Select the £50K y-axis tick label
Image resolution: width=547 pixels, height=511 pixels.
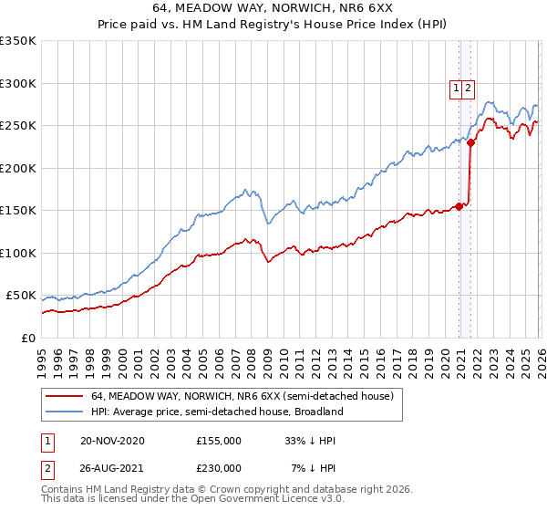21,296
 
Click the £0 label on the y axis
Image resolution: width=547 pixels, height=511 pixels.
28,338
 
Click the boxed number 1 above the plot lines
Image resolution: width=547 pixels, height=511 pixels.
455,89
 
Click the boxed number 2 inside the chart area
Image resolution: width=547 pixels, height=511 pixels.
468,89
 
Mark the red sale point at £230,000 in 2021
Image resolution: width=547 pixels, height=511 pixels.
470,142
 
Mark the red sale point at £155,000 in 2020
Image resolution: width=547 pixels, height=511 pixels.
459,205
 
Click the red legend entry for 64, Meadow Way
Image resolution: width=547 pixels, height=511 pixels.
242,397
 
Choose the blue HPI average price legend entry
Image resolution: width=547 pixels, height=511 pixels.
216,412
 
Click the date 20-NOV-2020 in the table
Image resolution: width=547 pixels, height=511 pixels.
112,441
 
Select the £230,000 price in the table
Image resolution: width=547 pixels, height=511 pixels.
219,468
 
